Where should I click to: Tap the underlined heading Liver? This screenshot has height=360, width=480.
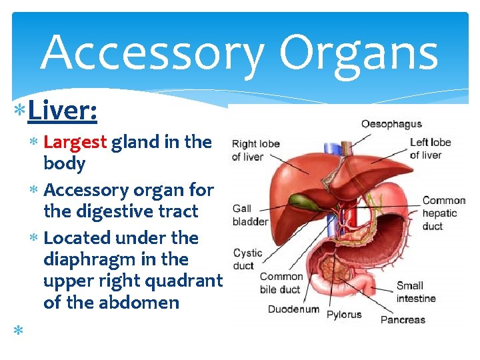coord(63,111)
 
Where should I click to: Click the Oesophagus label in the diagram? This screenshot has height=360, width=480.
coord(391,124)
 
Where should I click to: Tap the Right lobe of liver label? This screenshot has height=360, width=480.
coord(255,150)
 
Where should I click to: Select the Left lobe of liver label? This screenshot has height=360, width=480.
coord(430,149)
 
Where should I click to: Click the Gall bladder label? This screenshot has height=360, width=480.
coord(250,215)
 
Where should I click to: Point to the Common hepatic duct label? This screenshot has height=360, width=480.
coord(443,213)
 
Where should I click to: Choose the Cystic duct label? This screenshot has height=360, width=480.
coord(247,259)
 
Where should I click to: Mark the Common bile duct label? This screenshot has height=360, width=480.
coord(281,283)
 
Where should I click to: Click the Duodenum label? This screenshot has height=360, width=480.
coord(293,309)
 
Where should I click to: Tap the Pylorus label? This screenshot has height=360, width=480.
coord(343,315)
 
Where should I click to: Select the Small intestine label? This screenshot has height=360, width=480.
coord(416,292)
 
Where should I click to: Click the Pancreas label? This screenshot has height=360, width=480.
coord(403,319)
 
